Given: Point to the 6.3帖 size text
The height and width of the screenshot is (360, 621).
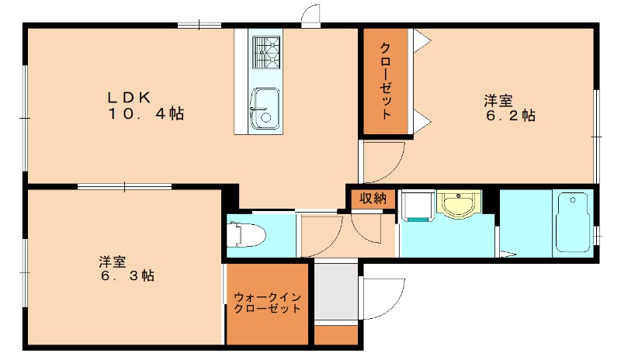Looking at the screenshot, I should (x=126, y=276).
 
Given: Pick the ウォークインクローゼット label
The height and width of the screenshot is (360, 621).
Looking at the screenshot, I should (x=267, y=302).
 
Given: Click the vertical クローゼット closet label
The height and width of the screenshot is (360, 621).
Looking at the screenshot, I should (x=385, y=80).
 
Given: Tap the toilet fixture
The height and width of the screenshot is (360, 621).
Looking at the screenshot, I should (x=247, y=234).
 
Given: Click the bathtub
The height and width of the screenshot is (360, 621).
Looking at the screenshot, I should (x=573, y=222).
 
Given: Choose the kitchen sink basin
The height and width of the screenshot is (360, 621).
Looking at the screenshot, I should (x=265, y=106).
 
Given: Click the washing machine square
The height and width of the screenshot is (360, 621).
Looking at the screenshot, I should (x=418, y=206).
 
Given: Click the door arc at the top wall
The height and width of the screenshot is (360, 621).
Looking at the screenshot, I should (x=310, y=16).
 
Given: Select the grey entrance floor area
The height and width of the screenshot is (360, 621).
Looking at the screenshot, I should (x=336, y=292).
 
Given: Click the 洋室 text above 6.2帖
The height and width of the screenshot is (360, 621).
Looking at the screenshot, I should (x=498, y=100).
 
